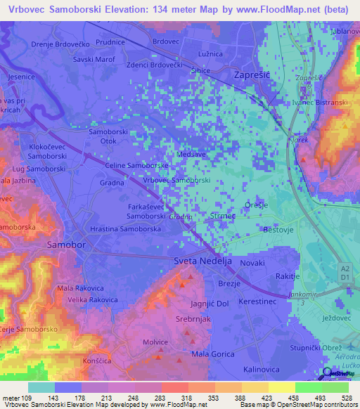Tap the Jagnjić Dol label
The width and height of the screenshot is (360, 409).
(210, 304)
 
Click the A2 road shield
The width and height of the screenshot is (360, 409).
(345, 268)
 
